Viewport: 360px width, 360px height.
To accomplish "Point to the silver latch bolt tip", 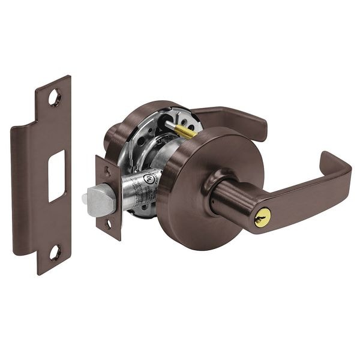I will (97, 196).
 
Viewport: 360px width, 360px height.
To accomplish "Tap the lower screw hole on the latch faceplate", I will (109, 225).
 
